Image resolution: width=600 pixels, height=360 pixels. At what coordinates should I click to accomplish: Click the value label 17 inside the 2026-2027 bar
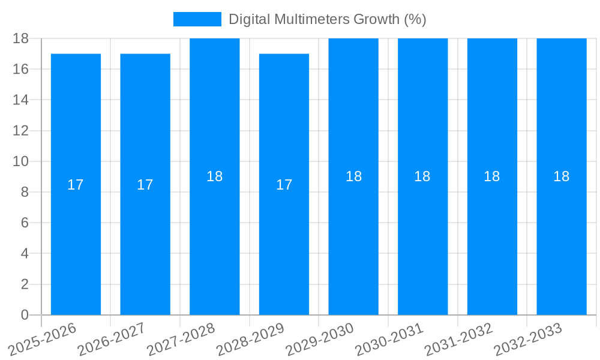point(145,185)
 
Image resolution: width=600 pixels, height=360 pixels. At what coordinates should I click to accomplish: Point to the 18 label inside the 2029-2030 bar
point(354,176)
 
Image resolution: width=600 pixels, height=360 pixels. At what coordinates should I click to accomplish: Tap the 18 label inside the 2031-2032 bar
point(492,176)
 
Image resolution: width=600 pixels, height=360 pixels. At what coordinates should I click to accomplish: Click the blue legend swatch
point(197,19)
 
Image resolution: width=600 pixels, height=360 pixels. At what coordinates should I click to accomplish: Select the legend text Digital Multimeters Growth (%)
point(328,19)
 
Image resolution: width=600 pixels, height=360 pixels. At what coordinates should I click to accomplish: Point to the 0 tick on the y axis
point(25,315)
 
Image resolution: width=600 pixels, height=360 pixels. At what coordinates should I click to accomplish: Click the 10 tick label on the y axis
point(21,161)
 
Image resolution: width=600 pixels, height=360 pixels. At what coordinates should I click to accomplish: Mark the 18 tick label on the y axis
point(21,38)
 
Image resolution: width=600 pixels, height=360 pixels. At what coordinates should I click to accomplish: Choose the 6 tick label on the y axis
point(25,223)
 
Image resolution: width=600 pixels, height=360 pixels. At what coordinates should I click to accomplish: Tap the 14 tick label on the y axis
point(21,100)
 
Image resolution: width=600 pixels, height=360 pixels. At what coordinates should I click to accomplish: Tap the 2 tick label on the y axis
point(25,284)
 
